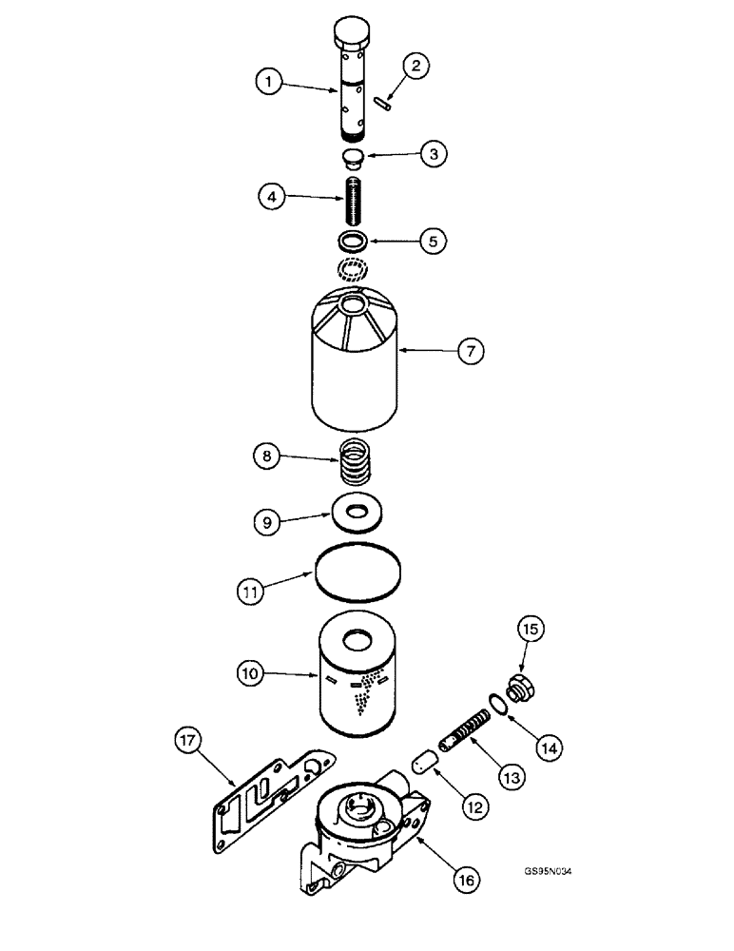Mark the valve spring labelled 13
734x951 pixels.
[461, 737]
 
